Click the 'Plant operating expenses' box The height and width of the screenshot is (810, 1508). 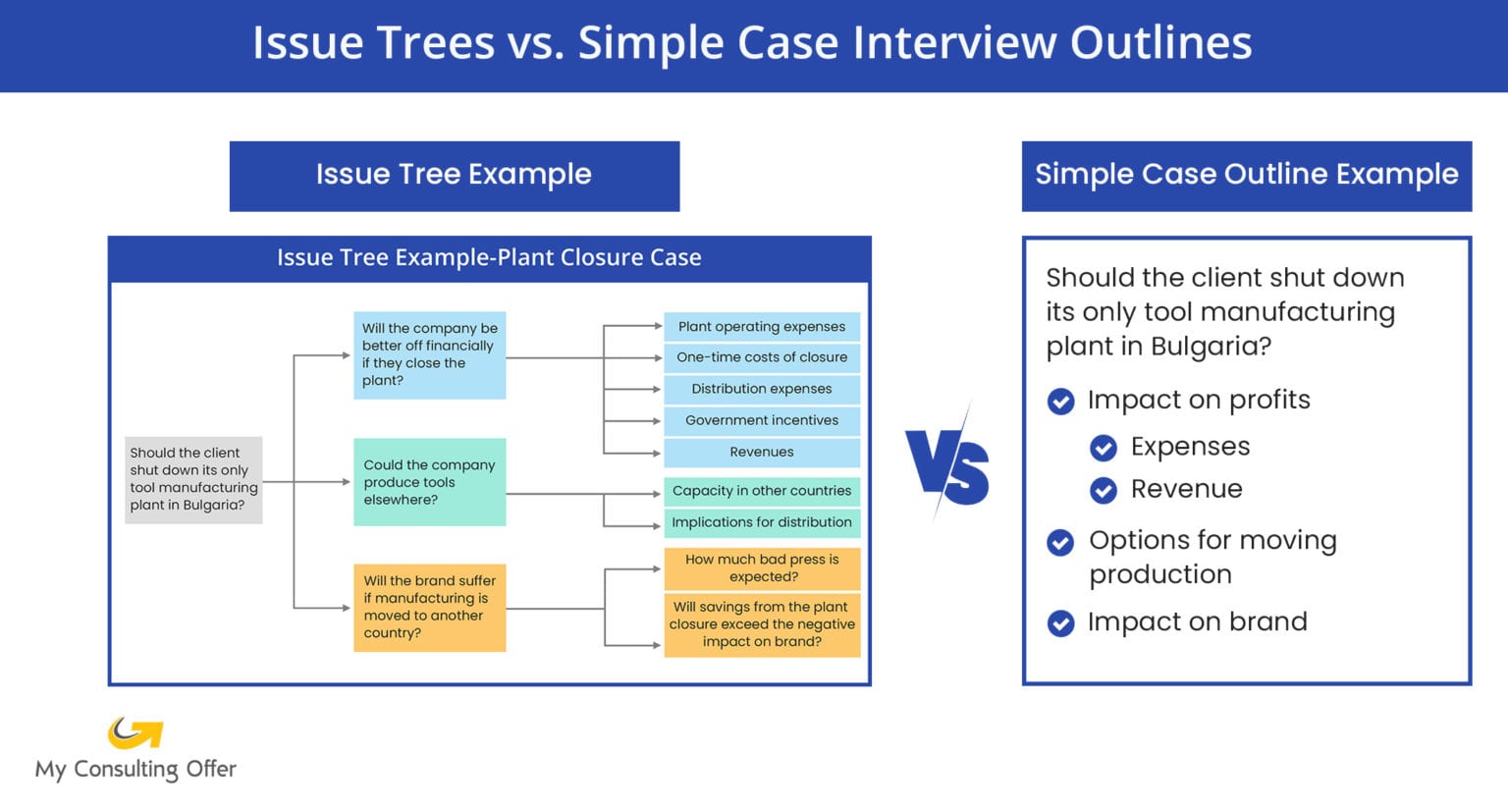(x=762, y=327)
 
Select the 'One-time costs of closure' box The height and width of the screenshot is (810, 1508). (x=762, y=357)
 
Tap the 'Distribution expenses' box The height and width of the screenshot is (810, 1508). (x=762, y=389)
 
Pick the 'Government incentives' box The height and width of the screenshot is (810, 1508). (x=762, y=420)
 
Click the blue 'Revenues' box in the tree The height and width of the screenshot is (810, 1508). (x=762, y=452)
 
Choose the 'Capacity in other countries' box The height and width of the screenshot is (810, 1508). (x=762, y=491)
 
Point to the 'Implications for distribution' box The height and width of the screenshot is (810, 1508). (x=762, y=522)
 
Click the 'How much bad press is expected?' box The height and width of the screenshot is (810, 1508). (x=762, y=568)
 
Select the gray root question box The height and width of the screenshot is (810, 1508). (x=193, y=479)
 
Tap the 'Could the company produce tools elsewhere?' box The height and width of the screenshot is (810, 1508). (x=429, y=482)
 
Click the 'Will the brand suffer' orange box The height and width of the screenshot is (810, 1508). (x=429, y=607)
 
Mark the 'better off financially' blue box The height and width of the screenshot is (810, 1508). (x=429, y=354)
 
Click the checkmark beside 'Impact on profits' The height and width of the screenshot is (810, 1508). (x=1060, y=402)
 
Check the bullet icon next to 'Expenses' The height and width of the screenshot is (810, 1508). (x=1104, y=448)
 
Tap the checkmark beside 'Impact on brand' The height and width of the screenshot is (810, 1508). (x=1060, y=623)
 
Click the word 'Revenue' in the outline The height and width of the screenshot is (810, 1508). (x=1186, y=489)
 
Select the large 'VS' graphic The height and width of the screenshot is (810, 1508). (x=947, y=466)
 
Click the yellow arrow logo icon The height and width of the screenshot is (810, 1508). (x=135, y=732)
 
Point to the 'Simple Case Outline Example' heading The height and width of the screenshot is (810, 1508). (x=1246, y=175)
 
